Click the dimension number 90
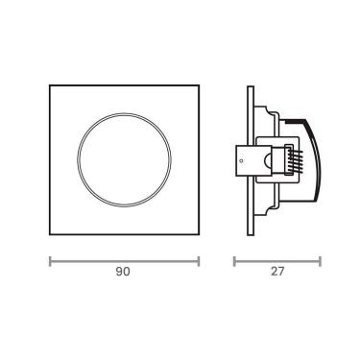(x=123, y=273)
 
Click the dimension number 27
(x=278, y=273)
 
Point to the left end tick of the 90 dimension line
(x=49, y=259)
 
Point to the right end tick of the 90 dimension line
(x=199, y=259)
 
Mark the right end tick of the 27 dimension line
(x=321, y=259)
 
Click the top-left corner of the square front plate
(x=49, y=86)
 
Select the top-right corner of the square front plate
(x=199, y=86)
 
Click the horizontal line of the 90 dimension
(x=124, y=259)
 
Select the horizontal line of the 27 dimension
(x=278, y=259)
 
